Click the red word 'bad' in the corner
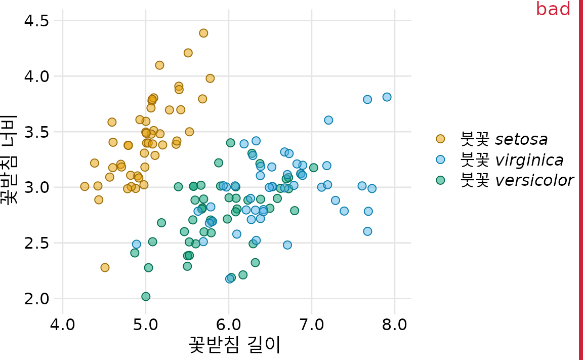point(553,9)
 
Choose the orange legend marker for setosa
point(440,139)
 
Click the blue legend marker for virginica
point(440,159)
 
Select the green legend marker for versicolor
point(440,180)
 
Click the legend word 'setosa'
point(521,139)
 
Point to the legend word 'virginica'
point(529,160)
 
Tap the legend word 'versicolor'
point(534,180)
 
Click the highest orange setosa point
point(203,33)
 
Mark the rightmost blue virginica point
point(387,97)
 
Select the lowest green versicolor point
point(146,296)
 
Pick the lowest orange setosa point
point(105,267)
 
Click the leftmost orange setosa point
point(85,186)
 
